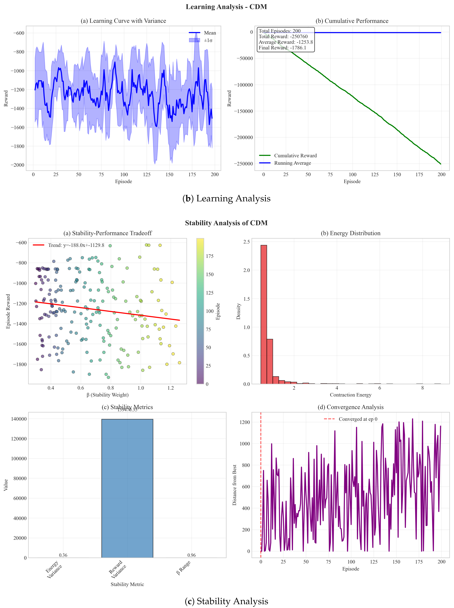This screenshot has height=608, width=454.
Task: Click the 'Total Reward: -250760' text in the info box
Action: (x=283, y=37)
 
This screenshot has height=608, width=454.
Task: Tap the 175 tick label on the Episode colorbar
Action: (x=210, y=256)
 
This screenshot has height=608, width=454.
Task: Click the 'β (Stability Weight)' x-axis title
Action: (x=108, y=395)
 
